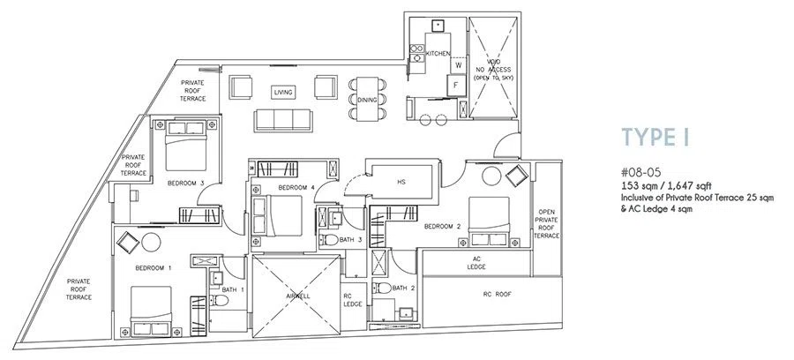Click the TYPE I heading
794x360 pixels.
tap(655, 138)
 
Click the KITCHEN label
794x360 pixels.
tap(438, 54)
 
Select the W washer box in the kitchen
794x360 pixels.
tap(458, 64)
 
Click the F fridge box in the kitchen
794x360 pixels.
tap(456, 86)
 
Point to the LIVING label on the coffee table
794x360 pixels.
tap(283, 92)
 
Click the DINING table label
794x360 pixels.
tap(367, 100)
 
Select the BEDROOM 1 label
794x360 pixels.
tap(153, 268)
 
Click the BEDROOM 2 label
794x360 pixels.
tap(442, 227)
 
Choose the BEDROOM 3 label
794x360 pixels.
tap(186, 183)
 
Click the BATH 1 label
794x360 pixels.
tap(234, 289)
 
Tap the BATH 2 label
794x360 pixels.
tap(403, 289)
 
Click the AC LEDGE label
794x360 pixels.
tap(476, 263)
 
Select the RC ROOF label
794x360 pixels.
tap(496, 294)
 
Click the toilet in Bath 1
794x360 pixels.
tap(219, 301)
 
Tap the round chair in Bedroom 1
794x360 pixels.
tap(152, 243)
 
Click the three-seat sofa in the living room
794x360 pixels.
tap(283, 121)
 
